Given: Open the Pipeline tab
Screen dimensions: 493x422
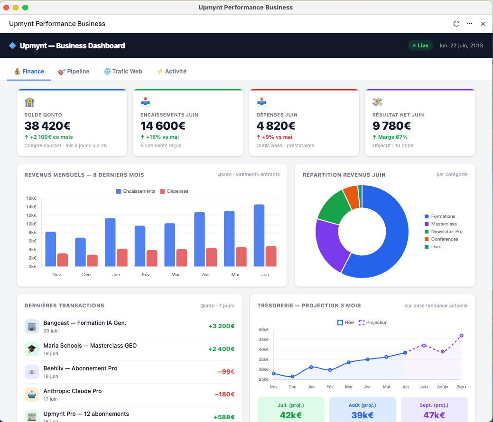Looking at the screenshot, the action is [x=74, y=72].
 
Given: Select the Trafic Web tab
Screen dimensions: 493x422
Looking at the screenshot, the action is [x=123, y=72].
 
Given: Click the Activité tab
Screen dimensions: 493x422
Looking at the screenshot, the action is [x=172, y=72].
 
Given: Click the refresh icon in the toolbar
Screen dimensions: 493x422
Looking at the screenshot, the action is [x=456, y=24].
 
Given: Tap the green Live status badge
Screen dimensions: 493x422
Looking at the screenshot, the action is [x=420, y=45].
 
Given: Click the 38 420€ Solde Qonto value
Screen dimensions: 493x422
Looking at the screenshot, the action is [x=47, y=126].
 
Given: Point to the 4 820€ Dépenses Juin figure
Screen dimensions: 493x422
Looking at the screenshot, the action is [x=276, y=126].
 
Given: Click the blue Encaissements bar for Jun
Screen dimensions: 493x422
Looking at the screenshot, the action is [x=259, y=236].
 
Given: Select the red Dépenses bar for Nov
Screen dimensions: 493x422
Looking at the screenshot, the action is [x=63, y=260].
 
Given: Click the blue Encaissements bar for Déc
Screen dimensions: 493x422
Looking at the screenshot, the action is [x=81, y=252].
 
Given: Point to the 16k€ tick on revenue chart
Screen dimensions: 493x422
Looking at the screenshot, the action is [x=31, y=198].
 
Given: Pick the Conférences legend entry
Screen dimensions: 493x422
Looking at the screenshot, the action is [x=441, y=239].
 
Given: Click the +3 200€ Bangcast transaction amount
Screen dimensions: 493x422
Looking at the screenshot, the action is [x=221, y=326].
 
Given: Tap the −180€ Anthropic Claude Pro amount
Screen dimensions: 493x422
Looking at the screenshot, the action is [x=224, y=395].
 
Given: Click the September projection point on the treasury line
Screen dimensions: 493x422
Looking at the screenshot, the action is [x=462, y=336].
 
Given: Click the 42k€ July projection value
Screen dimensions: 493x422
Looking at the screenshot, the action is [x=291, y=415].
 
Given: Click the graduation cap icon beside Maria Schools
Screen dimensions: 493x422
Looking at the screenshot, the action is [x=31, y=349].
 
